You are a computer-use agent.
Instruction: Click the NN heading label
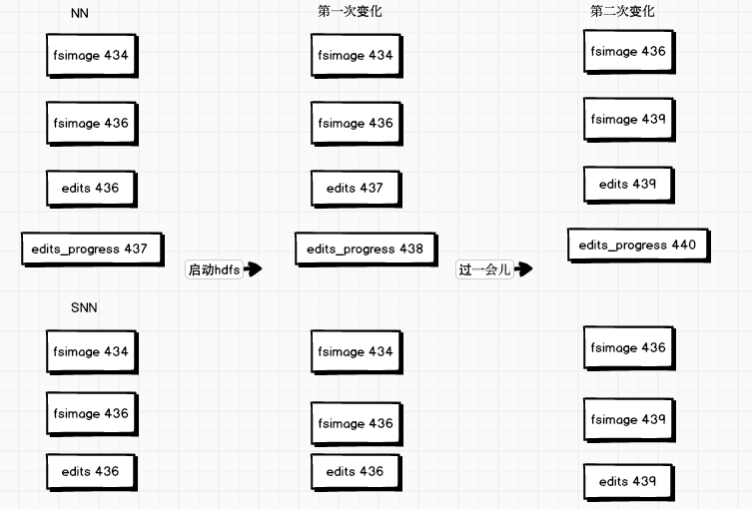[x=80, y=13]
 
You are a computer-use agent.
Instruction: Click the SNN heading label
[x=83, y=307]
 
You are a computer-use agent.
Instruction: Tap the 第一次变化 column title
[x=350, y=12]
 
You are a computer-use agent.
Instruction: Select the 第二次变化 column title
[x=622, y=12]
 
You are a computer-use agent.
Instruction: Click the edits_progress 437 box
[x=91, y=249]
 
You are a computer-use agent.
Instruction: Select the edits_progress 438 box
[x=365, y=249]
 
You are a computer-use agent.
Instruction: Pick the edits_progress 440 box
[x=637, y=245]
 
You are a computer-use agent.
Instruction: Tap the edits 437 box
[x=355, y=188]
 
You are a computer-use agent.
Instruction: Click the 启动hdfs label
[x=214, y=269]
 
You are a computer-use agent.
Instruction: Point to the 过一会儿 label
[x=484, y=269]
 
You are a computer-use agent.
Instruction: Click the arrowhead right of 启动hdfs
[x=253, y=269]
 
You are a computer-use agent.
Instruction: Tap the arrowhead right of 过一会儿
[x=523, y=269]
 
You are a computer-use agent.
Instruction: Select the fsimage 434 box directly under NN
[x=90, y=56]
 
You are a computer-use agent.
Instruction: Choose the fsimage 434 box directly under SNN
[x=90, y=351]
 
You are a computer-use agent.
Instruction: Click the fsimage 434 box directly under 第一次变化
[x=356, y=56]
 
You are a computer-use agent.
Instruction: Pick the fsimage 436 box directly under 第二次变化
[x=627, y=51]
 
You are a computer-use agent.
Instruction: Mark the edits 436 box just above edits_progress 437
[x=90, y=188]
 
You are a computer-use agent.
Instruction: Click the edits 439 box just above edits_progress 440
[x=627, y=185]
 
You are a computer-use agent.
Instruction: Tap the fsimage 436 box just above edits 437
[x=356, y=124]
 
